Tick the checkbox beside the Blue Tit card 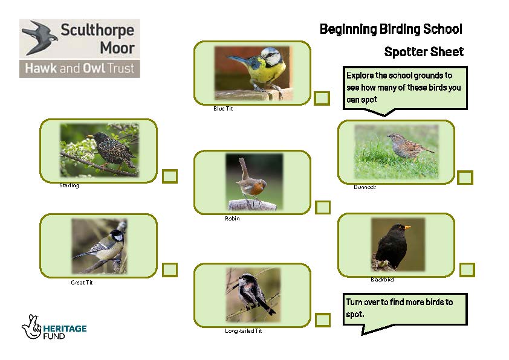tap(322, 98)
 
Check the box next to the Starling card tap(170, 176)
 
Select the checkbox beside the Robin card tap(323, 207)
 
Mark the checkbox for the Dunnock tap(465, 178)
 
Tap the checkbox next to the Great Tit tap(169, 269)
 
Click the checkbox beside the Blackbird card tap(467, 270)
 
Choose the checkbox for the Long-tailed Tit tap(323, 320)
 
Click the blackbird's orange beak tap(407, 227)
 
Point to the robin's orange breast tap(255, 188)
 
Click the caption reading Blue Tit tap(223, 109)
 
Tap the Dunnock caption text tap(365, 187)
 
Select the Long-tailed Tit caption tap(243, 331)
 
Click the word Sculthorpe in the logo tap(97, 30)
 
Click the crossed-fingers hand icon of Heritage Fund tap(31, 326)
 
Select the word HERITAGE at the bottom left tap(65, 329)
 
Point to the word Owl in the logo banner tap(94, 68)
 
